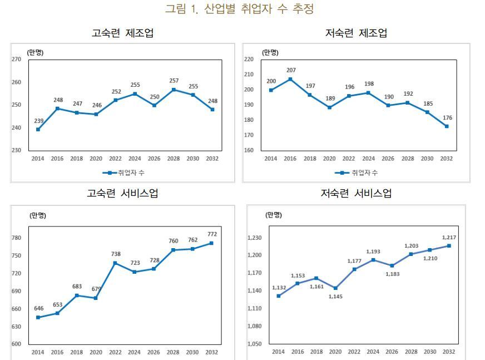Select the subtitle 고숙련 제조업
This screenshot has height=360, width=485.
122,33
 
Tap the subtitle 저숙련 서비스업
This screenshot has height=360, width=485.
356,194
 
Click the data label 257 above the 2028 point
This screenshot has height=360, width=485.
174,81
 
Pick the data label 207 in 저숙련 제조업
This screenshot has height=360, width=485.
291,70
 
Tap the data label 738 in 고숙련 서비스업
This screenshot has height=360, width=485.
116,254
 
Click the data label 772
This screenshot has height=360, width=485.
211,234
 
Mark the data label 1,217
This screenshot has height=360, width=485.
449,237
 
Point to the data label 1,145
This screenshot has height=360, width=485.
335,297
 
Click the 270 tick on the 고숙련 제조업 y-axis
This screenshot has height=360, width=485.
16,59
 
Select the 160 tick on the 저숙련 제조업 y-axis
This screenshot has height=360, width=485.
249,150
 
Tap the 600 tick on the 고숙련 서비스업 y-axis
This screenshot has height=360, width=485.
16,344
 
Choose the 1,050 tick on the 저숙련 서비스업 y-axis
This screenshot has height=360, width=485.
254,344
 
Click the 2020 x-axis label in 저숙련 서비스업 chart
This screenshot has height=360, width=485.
335,352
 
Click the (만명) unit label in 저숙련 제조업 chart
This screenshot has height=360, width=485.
270,52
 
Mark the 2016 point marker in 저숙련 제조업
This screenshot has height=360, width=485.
290,79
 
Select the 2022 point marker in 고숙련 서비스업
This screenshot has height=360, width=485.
115,263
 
